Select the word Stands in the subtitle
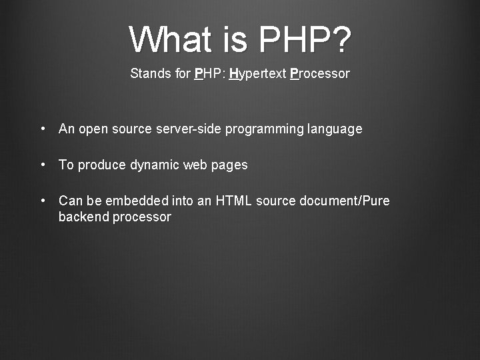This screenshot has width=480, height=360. pos(151,73)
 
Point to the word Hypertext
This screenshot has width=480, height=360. pos(257,74)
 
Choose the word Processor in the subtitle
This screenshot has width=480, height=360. pos(320,73)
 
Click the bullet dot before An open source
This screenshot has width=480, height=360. pos(43,129)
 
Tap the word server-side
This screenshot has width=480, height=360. pos(187,129)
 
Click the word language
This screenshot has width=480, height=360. pos(335,129)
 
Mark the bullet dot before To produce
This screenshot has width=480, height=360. pos(43,165)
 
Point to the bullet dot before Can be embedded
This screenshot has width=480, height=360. pos(43,201)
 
